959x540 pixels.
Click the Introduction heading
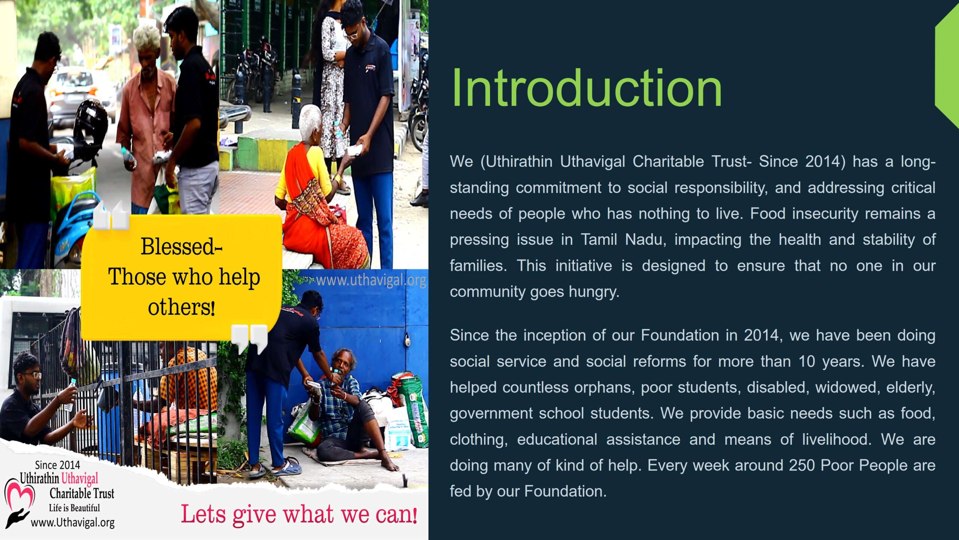[x=587, y=88]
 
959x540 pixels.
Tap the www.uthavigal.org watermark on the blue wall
[x=371, y=280]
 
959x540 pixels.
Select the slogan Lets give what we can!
[x=299, y=514]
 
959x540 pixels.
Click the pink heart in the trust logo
[x=19, y=494]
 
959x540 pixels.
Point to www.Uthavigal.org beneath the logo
[x=73, y=522]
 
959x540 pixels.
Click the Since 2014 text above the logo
[x=57, y=465]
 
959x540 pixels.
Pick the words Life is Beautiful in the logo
[x=74, y=508]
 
